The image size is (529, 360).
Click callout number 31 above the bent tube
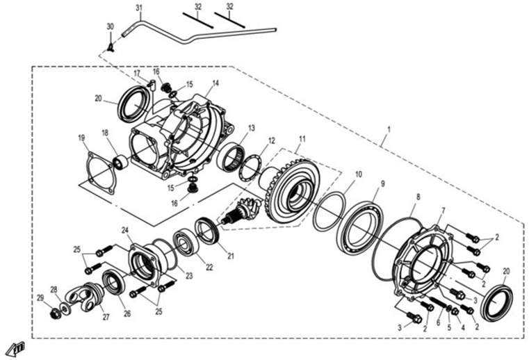[139, 8]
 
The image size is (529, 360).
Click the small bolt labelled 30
[111, 47]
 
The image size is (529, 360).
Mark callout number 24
[127, 230]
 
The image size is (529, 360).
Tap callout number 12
[272, 140]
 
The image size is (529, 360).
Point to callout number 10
[359, 174]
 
